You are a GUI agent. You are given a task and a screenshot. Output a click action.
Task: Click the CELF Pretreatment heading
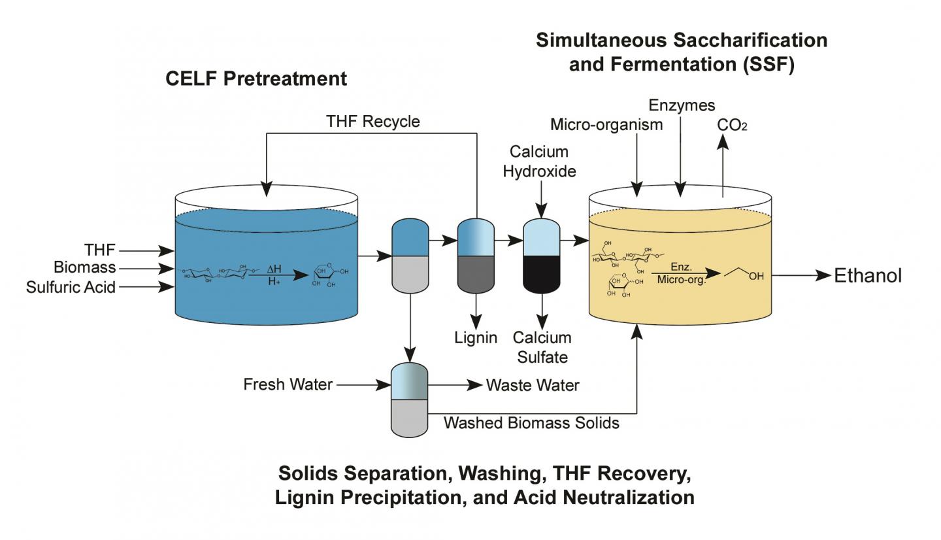pyautogui.click(x=256, y=79)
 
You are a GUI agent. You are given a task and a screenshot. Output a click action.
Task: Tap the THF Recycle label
pyautogui.click(x=372, y=122)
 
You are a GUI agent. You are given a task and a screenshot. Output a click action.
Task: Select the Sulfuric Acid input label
pyautogui.click(x=71, y=287)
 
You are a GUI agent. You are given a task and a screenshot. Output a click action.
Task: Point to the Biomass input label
pyautogui.click(x=84, y=267)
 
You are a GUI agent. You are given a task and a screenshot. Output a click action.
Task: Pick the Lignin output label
pyautogui.click(x=476, y=338)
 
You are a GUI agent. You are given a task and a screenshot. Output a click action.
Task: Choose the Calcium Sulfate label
pyautogui.click(x=542, y=347)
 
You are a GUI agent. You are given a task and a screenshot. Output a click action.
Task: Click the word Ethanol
pyautogui.click(x=867, y=276)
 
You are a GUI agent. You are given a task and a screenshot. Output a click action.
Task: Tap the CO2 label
pyautogui.click(x=732, y=125)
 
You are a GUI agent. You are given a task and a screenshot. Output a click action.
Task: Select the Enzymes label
pyautogui.click(x=682, y=105)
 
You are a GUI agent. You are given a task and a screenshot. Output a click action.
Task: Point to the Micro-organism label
pyautogui.click(x=606, y=124)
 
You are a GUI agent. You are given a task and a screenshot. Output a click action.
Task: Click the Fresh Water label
pyautogui.click(x=288, y=384)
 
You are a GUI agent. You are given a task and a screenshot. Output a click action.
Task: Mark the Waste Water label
pyautogui.click(x=532, y=386)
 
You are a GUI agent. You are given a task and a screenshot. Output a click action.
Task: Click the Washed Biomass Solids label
pyautogui.click(x=531, y=423)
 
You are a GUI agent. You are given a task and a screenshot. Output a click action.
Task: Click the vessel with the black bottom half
pyautogui.click(x=542, y=256)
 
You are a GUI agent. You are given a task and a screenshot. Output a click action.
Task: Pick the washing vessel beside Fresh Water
pyautogui.click(x=409, y=400)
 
